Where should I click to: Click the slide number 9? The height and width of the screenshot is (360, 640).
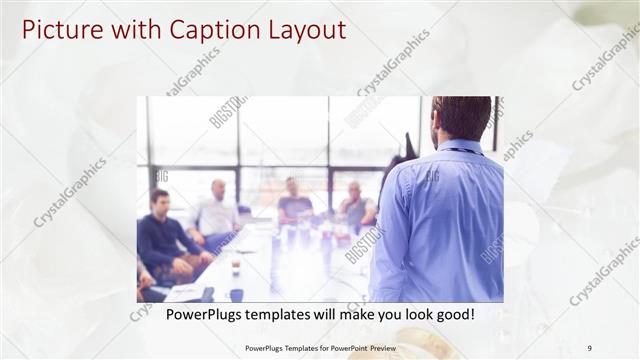click(589, 347)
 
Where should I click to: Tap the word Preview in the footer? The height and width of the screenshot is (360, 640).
click(378, 347)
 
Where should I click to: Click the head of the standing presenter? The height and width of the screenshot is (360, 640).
click(461, 117)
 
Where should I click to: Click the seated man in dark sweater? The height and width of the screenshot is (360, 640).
click(162, 235)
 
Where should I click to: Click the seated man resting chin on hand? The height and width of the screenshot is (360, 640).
click(355, 206)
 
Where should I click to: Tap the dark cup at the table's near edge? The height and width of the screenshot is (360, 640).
click(236, 294)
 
